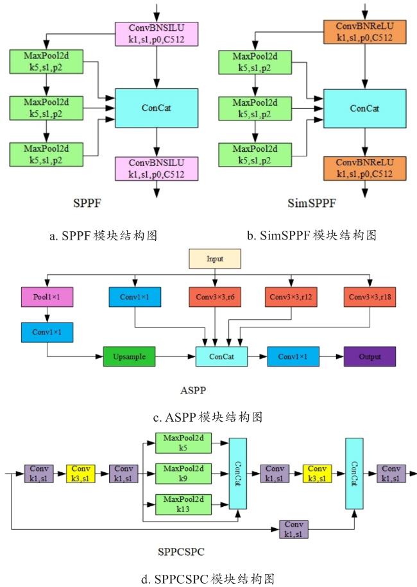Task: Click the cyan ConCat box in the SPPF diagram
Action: coord(157,108)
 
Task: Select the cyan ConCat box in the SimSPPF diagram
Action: coord(364,108)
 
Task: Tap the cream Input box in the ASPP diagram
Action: coord(215,259)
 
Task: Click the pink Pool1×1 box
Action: coord(47,297)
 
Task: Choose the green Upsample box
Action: coord(129,356)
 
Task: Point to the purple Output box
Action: coord(370,356)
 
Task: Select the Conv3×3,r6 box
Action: coord(215,297)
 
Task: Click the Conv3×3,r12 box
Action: coord(291,297)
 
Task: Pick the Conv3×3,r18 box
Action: coord(370,297)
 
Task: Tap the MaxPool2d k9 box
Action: coord(183,474)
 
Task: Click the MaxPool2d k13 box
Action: coord(183,504)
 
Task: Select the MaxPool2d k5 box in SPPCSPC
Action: coord(183,443)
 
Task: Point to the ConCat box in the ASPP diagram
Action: coord(221,356)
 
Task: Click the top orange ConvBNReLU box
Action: coord(364,32)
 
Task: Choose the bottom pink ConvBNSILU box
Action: coord(157,169)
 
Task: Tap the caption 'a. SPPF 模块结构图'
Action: coord(103,235)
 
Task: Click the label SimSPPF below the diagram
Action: coord(312,203)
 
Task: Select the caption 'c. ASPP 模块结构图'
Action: coord(208,417)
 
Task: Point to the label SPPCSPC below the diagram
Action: coord(181,552)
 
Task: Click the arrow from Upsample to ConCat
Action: coord(175,356)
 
